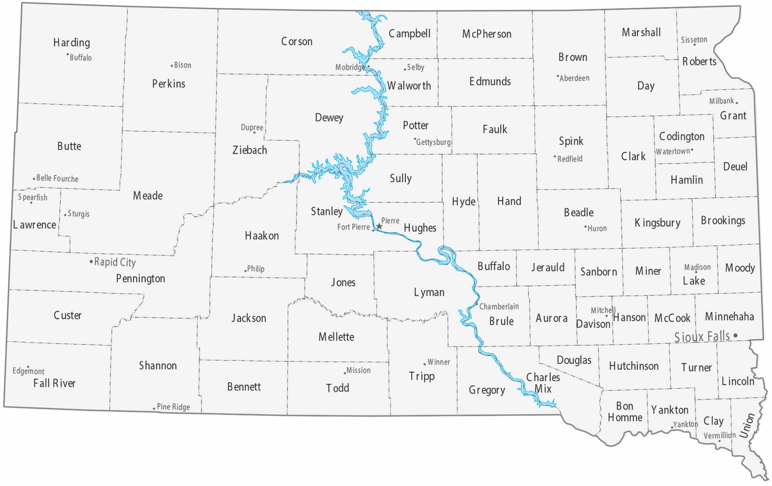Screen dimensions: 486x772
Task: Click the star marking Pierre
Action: (379, 226)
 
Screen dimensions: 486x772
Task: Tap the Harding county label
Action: (71, 42)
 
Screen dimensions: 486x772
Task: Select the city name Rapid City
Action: (115, 262)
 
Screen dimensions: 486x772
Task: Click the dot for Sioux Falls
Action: (735, 335)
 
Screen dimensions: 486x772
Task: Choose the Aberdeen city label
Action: (574, 78)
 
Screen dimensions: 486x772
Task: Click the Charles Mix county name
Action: (543, 383)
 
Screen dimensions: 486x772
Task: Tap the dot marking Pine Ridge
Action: (154, 408)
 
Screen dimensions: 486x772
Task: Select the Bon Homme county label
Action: (625, 411)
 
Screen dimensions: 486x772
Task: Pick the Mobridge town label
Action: (350, 67)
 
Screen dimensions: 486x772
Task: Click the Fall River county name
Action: (54, 383)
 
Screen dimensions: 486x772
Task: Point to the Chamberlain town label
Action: (499, 307)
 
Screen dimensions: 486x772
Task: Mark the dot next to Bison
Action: (172, 66)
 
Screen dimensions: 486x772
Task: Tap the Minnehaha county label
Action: (729, 317)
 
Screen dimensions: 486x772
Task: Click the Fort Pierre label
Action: (354, 227)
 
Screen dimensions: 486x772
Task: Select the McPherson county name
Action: (487, 34)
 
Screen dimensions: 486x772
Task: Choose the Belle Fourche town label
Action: (57, 178)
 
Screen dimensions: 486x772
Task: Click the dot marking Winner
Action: (425, 364)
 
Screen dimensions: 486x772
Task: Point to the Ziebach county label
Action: (250, 150)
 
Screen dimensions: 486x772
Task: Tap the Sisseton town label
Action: (694, 39)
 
